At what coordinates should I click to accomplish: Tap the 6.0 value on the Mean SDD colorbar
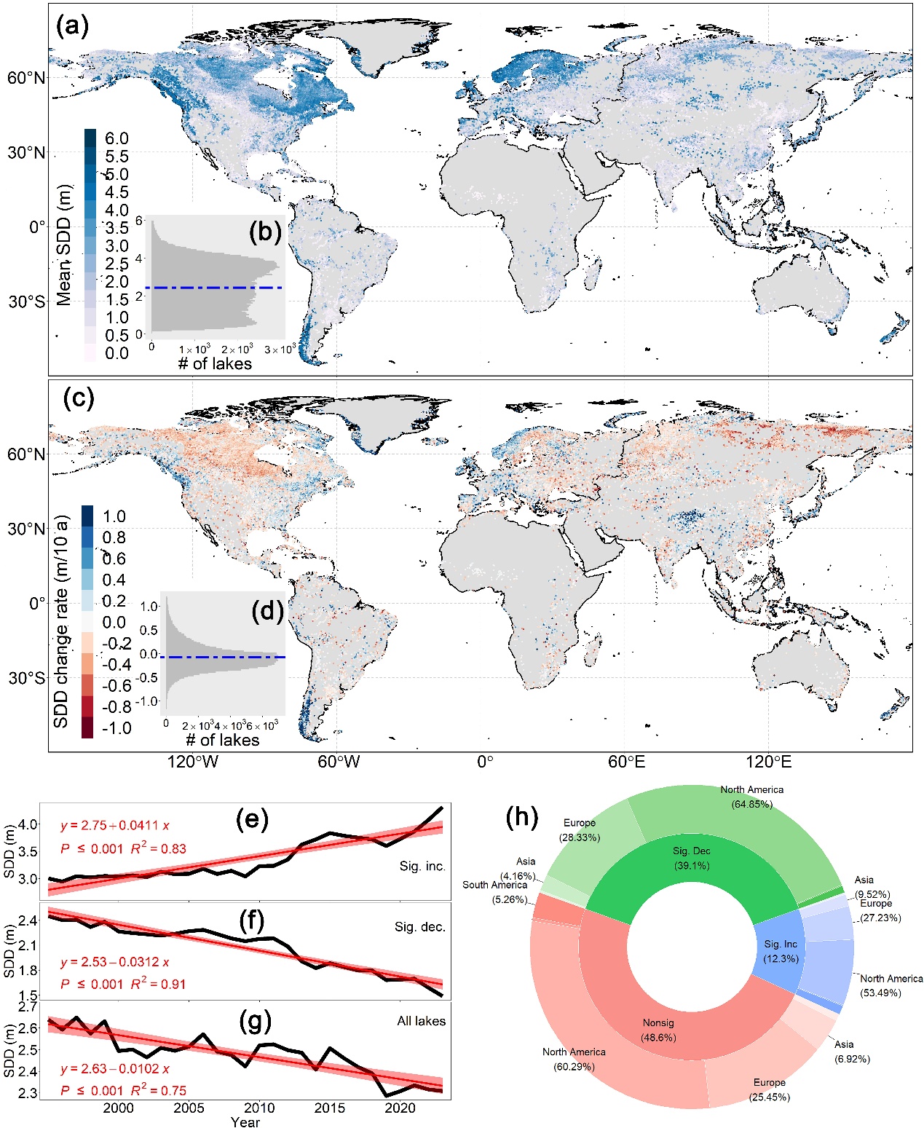click(x=117, y=138)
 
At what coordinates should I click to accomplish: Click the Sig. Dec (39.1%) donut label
click(x=691, y=858)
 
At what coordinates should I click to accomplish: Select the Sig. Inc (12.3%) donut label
click(x=781, y=951)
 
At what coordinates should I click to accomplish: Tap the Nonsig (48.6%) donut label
click(x=658, y=1030)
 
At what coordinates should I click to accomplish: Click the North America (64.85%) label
click(x=751, y=797)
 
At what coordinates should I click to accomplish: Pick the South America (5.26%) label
click(x=494, y=891)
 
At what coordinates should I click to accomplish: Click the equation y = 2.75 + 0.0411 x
click(x=115, y=825)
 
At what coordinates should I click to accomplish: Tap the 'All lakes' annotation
click(x=421, y=1021)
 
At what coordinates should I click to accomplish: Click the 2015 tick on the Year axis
click(x=330, y=1108)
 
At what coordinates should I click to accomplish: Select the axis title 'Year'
click(x=245, y=1121)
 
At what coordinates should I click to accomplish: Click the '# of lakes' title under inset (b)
click(x=215, y=363)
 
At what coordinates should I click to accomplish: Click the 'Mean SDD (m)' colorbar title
click(x=64, y=245)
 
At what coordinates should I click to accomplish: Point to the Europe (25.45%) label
click(x=769, y=1089)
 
